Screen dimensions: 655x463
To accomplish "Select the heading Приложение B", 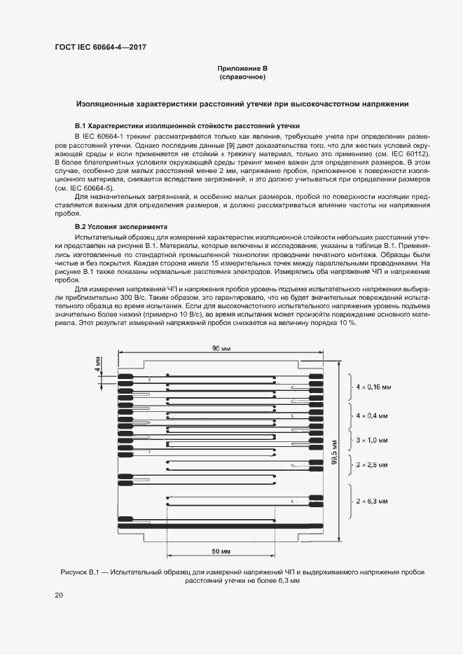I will point(242,69).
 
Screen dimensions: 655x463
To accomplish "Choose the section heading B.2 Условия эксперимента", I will point(121,227).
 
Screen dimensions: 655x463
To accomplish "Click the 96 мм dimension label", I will point(220,348).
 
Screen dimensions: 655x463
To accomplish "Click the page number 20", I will point(58,595).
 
